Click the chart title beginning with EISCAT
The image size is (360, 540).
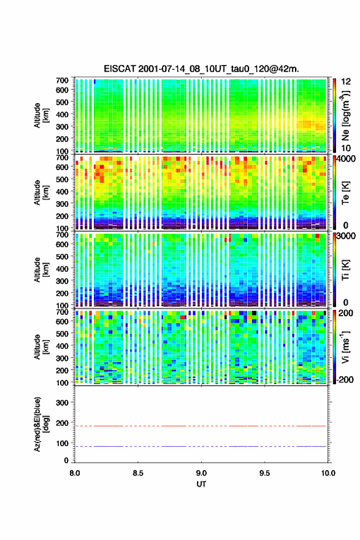201,69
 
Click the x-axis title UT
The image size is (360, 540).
201,484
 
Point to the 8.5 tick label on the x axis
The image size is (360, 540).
138,473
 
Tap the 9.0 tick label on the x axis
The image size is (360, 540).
201,473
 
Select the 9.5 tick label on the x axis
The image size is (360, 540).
264,473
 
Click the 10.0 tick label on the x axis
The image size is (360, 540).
328,473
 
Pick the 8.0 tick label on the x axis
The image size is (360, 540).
75,473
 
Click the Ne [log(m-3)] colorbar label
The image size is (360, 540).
346,115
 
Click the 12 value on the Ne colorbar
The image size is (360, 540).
346,82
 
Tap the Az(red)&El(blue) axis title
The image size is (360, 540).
41,424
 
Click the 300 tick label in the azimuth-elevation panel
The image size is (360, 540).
63,403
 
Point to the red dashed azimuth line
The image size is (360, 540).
201,426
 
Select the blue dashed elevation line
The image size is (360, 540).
201,446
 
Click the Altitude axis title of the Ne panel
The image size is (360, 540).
41,115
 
